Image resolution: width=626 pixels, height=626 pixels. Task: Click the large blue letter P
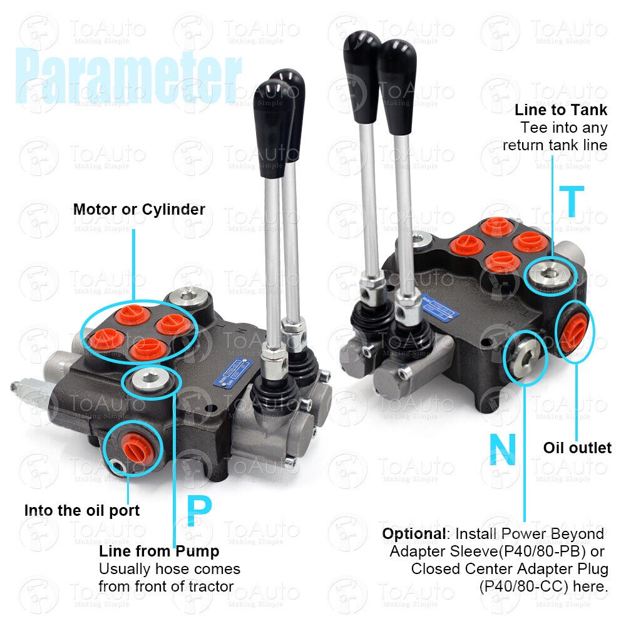(199, 511)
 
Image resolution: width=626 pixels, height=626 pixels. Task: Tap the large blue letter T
(572, 201)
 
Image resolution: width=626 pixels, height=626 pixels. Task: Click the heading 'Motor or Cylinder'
(139, 209)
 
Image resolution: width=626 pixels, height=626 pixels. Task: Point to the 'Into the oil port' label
(82, 510)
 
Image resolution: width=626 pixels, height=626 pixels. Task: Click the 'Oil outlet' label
(577, 448)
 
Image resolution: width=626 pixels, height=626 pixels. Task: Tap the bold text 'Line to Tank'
(560, 110)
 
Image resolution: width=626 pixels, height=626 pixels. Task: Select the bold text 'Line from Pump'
(159, 552)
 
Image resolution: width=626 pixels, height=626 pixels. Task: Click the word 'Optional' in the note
(414, 534)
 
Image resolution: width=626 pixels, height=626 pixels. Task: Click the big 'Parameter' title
(128, 76)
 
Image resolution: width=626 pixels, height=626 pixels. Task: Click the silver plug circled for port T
(550, 275)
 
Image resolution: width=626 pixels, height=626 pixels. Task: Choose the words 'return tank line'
(555, 145)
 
